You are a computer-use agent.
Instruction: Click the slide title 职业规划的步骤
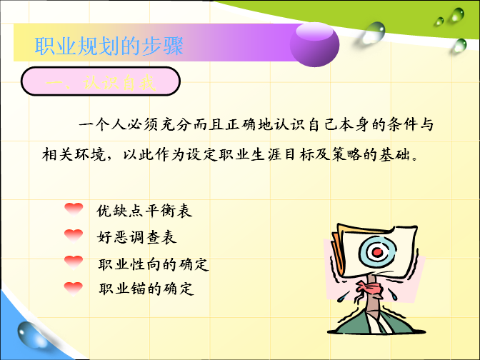click(109, 46)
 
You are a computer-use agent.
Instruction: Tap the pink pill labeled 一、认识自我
click(101, 81)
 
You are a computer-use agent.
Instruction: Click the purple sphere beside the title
click(314, 45)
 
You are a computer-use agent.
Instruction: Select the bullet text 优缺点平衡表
click(144, 211)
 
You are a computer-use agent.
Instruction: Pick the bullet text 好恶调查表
click(136, 237)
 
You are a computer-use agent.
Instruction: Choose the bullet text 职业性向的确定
click(154, 264)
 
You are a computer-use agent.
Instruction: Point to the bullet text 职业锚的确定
click(146, 289)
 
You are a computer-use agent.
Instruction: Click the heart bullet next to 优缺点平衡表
click(74, 209)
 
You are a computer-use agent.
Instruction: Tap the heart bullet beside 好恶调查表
click(74, 236)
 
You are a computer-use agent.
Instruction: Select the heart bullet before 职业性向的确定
click(74, 262)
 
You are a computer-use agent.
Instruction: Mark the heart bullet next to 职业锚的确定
click(74, 289)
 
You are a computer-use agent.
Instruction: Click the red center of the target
click(378, 253)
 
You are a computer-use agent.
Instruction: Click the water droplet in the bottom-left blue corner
click(31, 335)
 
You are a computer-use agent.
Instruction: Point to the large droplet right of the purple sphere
click(374, 33)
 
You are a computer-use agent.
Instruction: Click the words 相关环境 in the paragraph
click(74, 154)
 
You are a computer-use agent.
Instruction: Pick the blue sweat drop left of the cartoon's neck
click(342, 296)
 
